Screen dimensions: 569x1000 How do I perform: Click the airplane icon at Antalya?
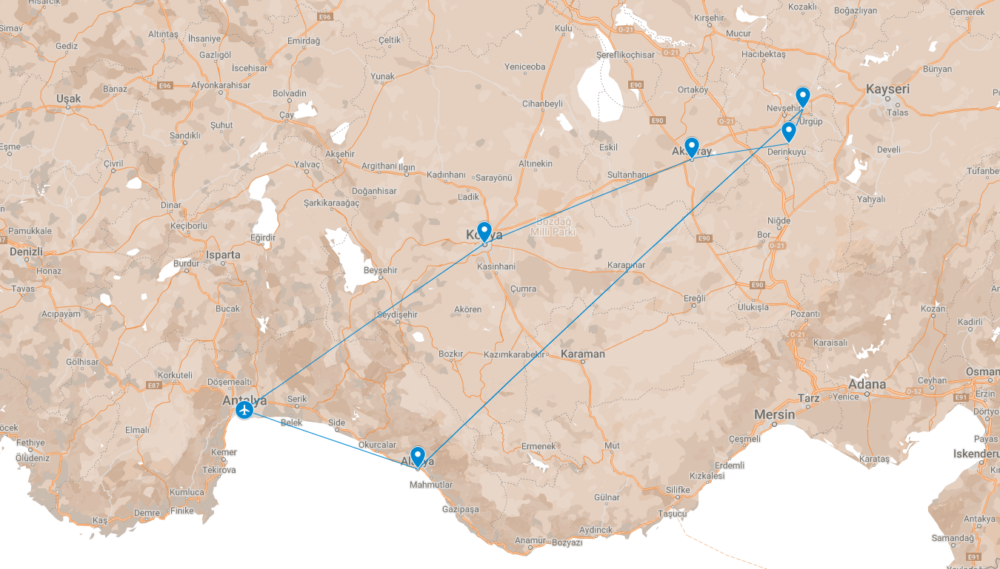244,409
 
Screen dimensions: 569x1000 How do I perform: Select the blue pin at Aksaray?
691,147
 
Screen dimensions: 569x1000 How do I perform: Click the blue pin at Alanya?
417,457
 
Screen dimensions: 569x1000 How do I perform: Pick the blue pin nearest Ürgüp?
802,97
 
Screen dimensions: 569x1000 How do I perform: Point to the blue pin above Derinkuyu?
789,132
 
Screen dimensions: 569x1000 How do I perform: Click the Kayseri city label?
887,90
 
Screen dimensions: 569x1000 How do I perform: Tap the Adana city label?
867,384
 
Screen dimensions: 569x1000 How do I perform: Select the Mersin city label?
774,414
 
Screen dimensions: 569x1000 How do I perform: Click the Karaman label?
582,354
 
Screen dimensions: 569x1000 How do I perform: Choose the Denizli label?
27,252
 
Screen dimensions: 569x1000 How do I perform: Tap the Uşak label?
68,98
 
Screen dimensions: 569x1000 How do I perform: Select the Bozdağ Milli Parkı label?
553,226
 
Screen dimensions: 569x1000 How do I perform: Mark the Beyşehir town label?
381,270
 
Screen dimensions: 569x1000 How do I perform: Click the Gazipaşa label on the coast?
460,509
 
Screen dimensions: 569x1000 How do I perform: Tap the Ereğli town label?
695,298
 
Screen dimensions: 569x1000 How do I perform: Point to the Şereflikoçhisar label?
625,55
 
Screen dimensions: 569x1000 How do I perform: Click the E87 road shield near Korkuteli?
154,385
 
